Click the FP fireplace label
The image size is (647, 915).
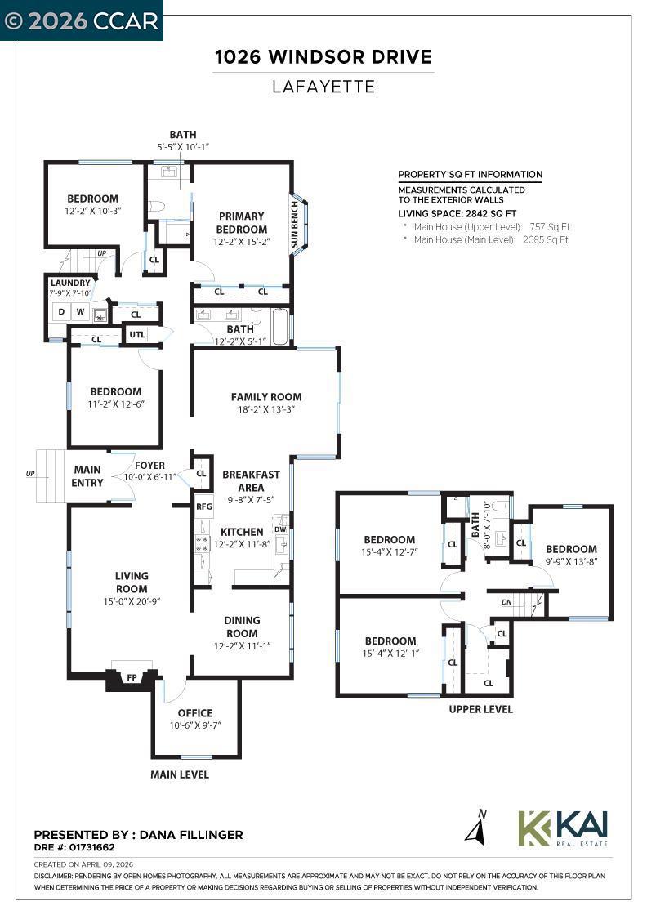coord(132,677)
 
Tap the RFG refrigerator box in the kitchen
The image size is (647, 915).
coord(204,506)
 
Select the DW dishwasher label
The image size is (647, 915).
coord(281,529)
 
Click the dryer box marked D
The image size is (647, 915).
coord(61,312)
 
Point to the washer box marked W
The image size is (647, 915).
coord(81,312)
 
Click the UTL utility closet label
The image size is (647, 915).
coord(137,334)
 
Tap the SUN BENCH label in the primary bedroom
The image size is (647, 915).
coord(295,224)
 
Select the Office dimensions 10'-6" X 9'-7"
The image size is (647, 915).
coord(195,725)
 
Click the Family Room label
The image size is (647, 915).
coord(266,397)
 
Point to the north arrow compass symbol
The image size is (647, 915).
coord(476,828)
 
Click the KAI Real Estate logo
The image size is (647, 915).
coord(563,829)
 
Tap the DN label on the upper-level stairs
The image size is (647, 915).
coord(507,602)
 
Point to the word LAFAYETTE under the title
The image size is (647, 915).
coord(323,87)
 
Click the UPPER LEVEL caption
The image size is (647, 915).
coord(480,710)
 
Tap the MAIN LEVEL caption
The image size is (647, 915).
coord(180,774)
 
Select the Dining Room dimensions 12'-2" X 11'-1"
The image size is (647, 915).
coord(242,646)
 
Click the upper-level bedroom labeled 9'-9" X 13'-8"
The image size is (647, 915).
coord(571,555)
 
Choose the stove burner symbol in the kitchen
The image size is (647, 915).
coord(202,544)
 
